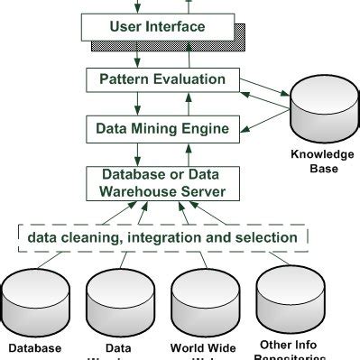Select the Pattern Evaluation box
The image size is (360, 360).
[161, 79]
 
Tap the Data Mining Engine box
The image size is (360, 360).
[161, 128]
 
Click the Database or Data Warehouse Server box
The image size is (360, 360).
[161, 183]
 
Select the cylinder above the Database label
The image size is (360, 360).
[35, 302]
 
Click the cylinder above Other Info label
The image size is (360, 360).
[288, 298]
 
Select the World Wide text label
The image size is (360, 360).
[203, 347]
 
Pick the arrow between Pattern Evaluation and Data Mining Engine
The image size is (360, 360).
[162, 104]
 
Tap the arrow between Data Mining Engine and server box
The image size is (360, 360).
[162, 152]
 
